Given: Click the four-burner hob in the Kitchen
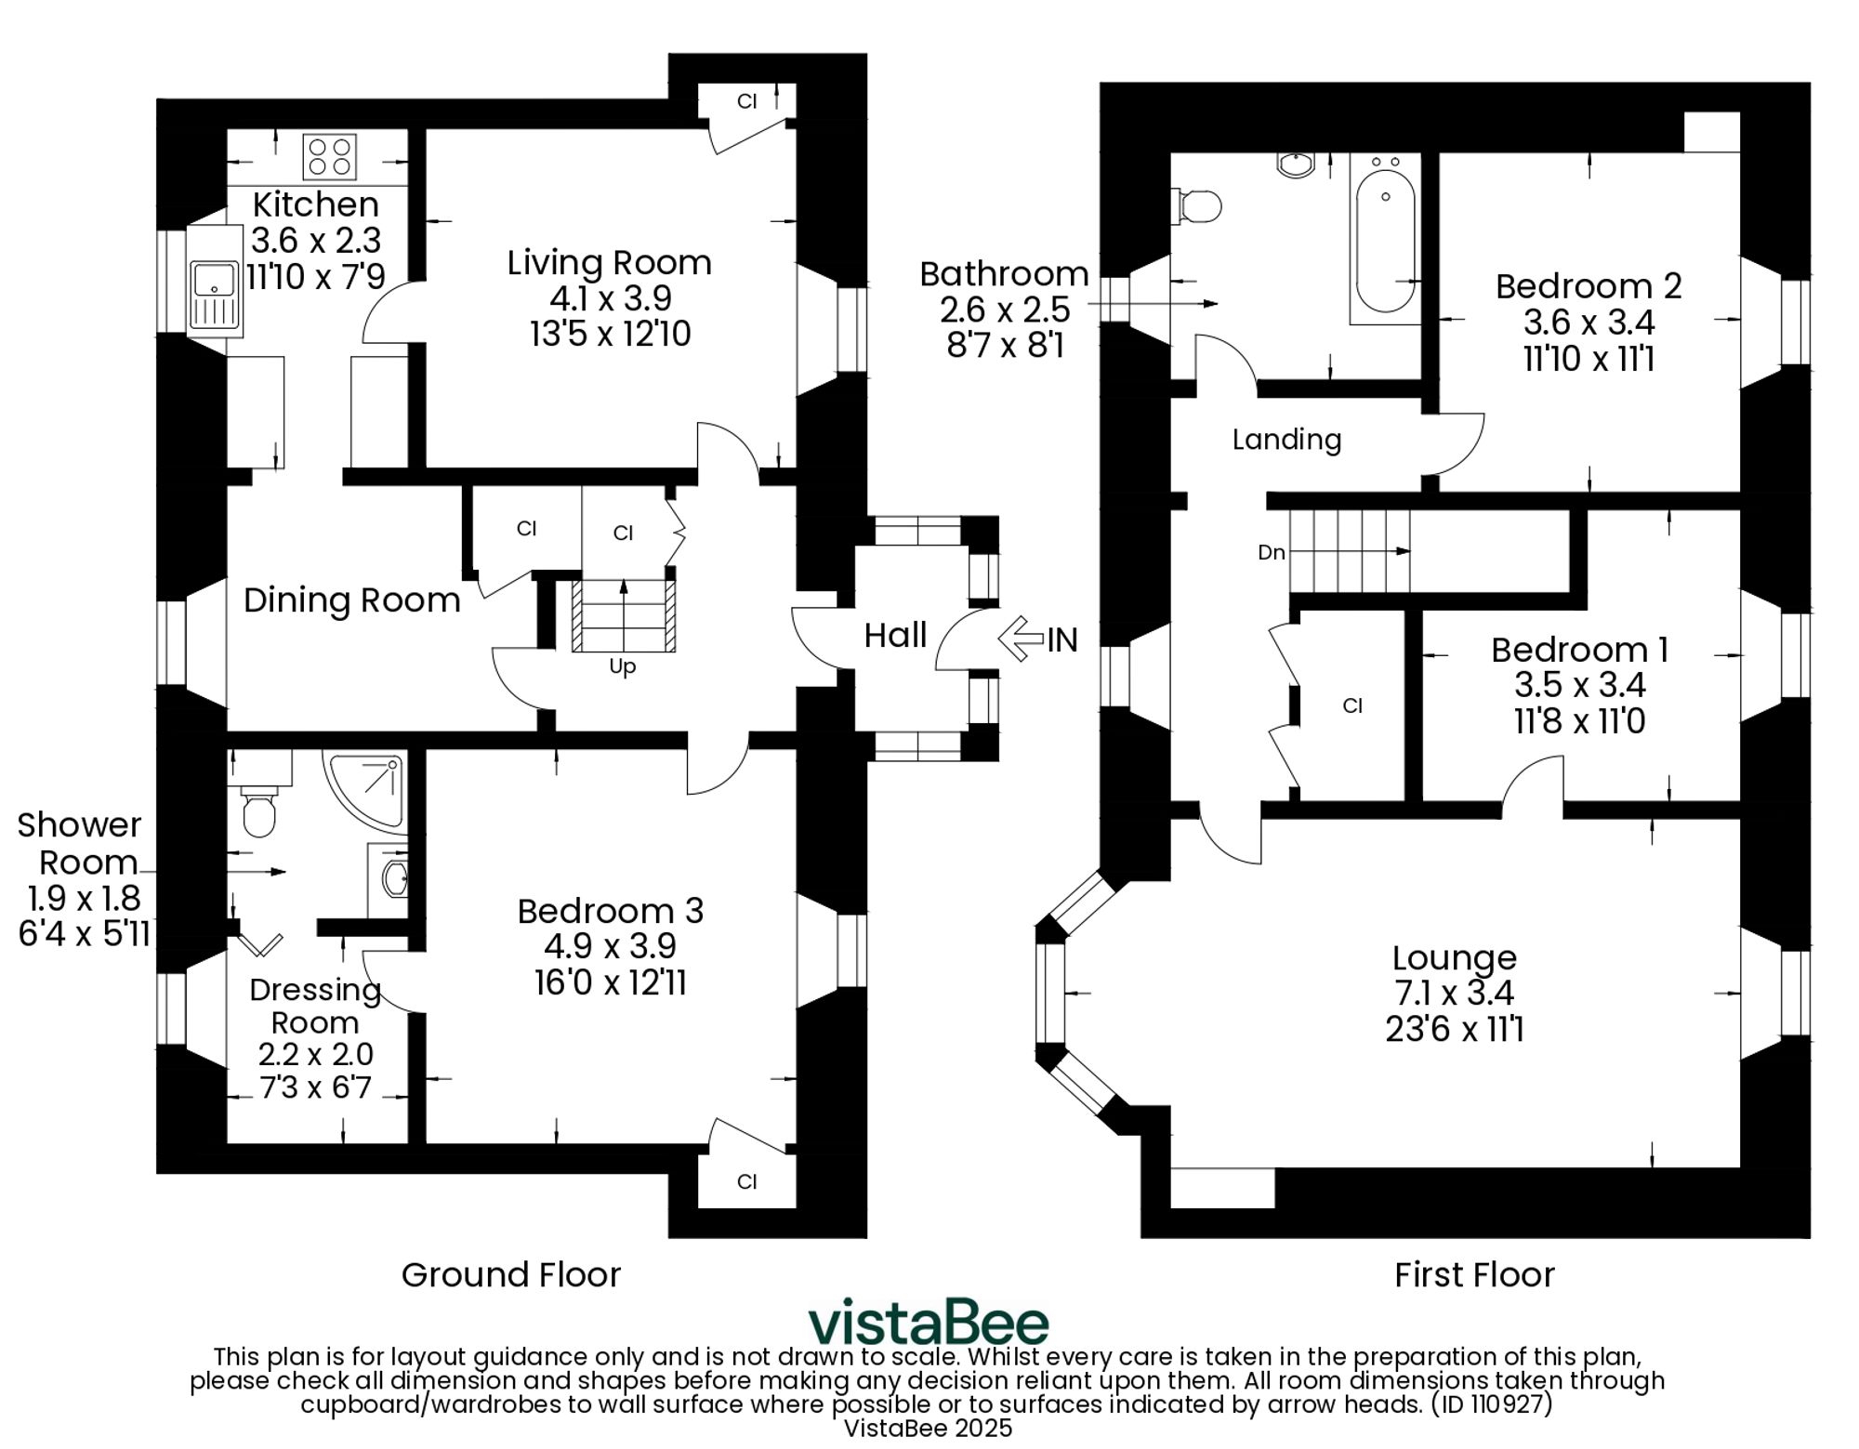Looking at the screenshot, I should (x=330, y=157).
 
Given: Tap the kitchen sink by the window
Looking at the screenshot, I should (x=216, y=288).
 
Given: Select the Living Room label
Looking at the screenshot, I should (x=609, y=263).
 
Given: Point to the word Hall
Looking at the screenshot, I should (x=895, y=636).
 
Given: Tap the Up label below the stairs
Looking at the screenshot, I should (x=622, y=666).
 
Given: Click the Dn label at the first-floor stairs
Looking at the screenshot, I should (x=1271, y=552).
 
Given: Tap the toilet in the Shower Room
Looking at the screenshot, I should (x=258, y=810).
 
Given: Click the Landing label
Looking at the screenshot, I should (x=1286, y=440).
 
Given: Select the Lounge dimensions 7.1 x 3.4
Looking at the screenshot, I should (x=1454, y=994).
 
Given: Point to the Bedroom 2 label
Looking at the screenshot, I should (x=1589, y=286).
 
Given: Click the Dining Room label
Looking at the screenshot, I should (x=351, y=600).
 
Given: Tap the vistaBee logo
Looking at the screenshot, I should (x=928, y=1322).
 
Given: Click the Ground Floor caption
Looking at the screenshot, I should (x=510, y=1274).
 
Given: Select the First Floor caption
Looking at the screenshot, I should (x=1474, y=1274).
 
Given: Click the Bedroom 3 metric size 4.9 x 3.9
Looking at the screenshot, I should (x=610, y=946).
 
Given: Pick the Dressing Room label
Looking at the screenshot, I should (x=316, y=1006).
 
